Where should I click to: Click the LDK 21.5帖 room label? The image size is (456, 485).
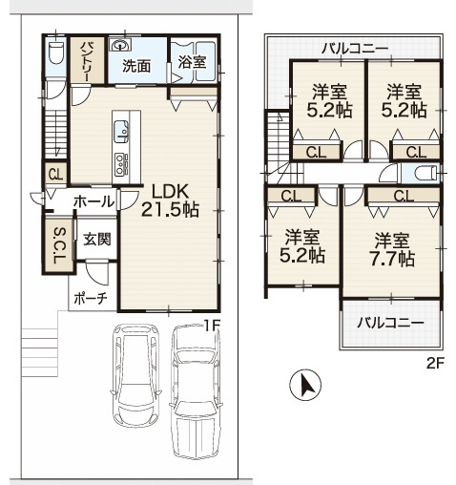[x=170, y=200]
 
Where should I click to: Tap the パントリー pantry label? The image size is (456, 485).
[x=87, y=61]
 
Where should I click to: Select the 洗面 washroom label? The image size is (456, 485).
[x=136, y=66]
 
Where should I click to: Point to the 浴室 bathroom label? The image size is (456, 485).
[x=192, y=61]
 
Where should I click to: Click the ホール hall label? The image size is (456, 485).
[x=93, y=201]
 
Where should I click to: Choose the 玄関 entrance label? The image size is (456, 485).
[x=97, y=239]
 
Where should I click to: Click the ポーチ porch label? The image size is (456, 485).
[x=91, y=299]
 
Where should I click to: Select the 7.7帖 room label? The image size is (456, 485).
[x=392, y=249]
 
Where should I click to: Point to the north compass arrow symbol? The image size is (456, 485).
[x=305, y=385]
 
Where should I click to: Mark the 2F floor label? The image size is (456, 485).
[x=435, y=364]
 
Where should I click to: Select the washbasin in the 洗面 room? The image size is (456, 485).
[x=121, y=45]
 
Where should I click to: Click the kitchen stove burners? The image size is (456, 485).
[x=121, y=164]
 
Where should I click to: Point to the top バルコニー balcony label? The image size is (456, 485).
[x=355, y=49]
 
